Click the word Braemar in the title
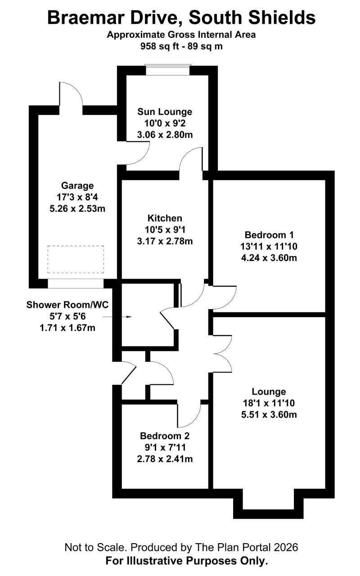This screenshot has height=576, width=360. click(x=85, y=18)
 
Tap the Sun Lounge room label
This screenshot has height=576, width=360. click(x=165, y=112)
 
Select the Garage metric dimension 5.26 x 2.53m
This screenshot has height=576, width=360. click(x=77, y=208)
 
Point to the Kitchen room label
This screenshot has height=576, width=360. click(x=165, y=218)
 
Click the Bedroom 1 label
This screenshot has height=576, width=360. click(x=269, y=235)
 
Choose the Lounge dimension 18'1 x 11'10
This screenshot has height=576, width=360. click(x=269, y=403)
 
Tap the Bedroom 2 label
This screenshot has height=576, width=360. click(x=165, y=436)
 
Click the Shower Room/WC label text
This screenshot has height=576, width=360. click(x=67, y=305)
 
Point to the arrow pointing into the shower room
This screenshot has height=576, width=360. click(x=117, y=317)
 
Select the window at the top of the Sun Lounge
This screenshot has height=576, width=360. click(x=168, y=70)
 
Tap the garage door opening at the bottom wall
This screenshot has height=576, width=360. click(x=76, y=283)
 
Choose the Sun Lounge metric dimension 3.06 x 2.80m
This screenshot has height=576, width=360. click(x=165, y=135)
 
